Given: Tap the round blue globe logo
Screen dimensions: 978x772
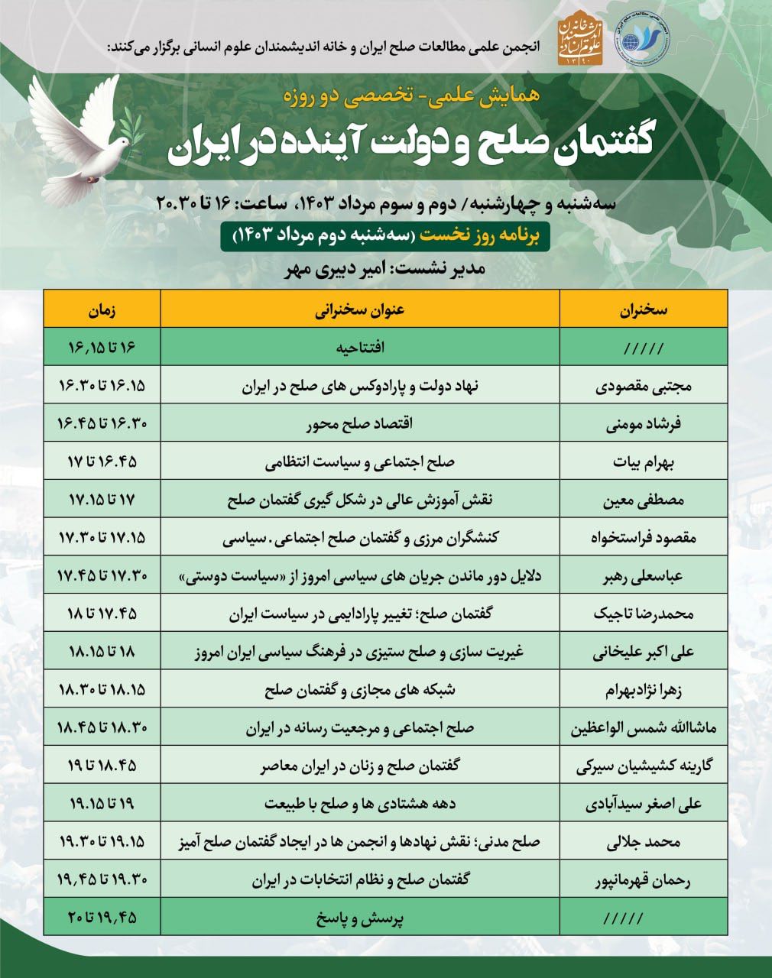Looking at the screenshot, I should click(642, 40).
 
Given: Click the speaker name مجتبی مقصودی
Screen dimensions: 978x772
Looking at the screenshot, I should click(643, 386).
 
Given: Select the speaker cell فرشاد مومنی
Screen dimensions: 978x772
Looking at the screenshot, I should click(643, 424).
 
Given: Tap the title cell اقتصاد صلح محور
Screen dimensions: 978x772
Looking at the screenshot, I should click(360, 424).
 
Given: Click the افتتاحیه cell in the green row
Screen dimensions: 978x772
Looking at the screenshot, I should click(360, 348).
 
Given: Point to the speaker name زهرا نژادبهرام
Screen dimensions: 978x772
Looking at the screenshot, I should click(643, 691).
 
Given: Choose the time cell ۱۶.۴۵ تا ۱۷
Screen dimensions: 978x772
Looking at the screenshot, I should click(102, 462).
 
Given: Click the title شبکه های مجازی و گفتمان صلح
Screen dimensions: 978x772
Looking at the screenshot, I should click(360, 691).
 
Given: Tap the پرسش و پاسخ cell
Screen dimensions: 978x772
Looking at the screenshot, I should click(360, 919).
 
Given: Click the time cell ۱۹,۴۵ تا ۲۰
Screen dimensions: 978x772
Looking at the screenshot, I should click(102, 919).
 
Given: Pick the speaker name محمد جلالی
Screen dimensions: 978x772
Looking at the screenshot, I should click(643, 844).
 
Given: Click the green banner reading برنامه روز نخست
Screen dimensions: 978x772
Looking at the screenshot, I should click(386, 238).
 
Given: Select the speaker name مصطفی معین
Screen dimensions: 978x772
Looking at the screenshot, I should click(643, 500).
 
